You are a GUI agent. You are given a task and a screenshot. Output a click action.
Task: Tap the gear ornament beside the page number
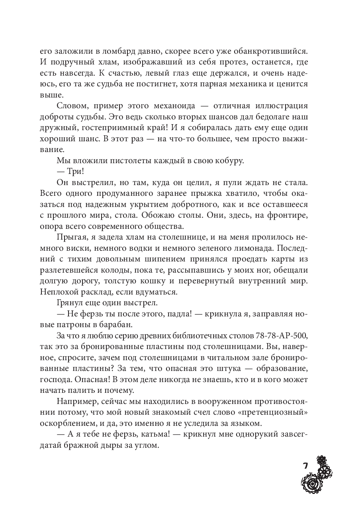318,478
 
